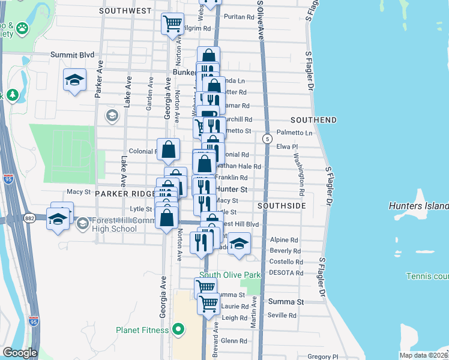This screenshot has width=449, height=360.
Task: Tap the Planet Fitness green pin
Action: (x=178, y=329)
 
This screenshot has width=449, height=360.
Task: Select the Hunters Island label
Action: (x=418, y=206)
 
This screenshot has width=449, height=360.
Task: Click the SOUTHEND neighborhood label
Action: (x=313, y=120)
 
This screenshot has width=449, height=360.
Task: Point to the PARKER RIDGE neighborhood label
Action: (x=124, y=194)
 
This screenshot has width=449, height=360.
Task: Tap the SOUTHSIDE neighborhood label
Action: (x=282, y=206)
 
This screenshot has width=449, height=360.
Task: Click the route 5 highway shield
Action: (x=266, y=139)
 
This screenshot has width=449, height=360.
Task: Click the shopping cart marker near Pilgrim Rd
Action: (x=173, y=24)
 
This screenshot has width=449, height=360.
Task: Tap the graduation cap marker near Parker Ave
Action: (x=74, y=80)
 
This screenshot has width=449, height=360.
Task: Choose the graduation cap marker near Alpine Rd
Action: (x=239, y=244)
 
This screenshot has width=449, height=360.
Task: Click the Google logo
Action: (x=19, y=353)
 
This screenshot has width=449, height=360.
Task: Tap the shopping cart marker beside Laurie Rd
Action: (x=208, y=304)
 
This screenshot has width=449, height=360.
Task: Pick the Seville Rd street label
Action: (x=282, y=316)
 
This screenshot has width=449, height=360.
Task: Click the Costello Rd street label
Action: (x=286, y=262)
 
